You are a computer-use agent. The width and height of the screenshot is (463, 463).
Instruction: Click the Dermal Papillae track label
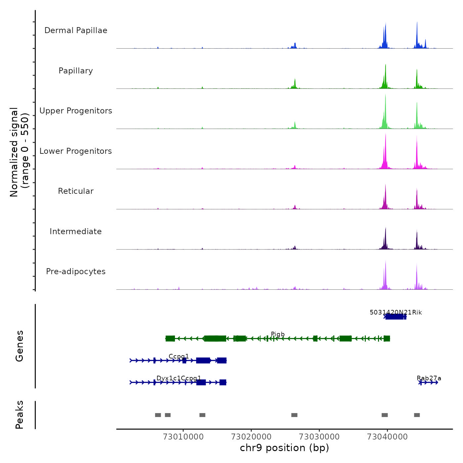76,30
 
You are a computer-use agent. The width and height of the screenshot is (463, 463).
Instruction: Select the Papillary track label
76,71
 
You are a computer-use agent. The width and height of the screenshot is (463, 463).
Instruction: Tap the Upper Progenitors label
76,111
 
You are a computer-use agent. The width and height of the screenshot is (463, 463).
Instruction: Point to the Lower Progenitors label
76,151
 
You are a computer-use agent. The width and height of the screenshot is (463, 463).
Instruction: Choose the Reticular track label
76,191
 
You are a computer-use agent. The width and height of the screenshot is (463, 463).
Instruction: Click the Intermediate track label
76,232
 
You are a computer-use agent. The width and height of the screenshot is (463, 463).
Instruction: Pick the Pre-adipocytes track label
76,272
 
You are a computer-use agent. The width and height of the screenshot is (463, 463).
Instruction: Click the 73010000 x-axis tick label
183,437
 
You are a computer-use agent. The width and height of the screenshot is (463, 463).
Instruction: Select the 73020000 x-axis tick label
251,437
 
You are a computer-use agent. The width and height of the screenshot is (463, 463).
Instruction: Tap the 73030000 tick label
319,437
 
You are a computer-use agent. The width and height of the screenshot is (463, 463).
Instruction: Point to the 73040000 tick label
387,437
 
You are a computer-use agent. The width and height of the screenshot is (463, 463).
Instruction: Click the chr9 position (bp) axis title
284,448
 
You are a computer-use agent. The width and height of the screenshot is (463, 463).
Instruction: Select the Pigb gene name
278,334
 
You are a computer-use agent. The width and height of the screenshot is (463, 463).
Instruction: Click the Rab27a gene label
429,378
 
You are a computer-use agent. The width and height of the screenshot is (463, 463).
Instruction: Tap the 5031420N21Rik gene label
396,313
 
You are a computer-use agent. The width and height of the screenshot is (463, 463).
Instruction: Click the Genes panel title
20,346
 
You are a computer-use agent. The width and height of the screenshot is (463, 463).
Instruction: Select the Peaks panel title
20,415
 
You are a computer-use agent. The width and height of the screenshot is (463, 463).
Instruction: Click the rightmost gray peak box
417,415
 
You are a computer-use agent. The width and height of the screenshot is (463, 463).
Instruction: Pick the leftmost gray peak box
158,415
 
